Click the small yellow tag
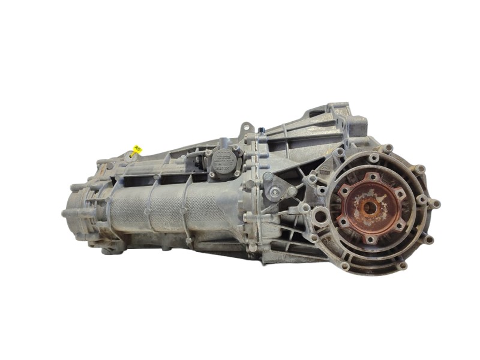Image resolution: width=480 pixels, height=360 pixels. (x=137, y=148)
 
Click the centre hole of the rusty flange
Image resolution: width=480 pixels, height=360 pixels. (x=368, y=208)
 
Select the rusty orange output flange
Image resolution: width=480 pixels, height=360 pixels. (x=368, y=207)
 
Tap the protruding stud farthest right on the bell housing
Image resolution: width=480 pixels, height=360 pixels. (x=436, y=204)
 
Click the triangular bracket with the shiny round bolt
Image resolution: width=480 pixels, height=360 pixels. (x=275, y=190)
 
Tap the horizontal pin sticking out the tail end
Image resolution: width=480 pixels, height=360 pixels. (x=65, y=213)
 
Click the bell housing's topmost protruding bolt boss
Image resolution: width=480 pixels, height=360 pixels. (x=389, y=148)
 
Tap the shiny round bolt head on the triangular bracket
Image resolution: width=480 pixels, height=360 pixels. (x=274, y=193)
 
